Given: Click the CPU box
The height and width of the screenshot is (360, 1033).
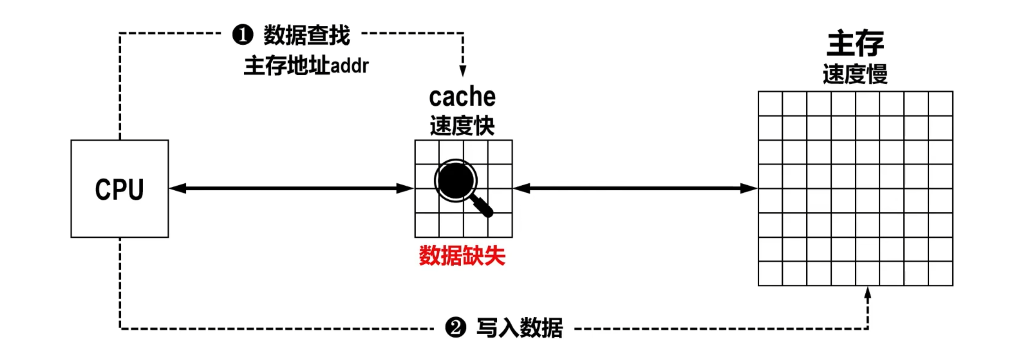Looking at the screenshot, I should [x=120, y=189].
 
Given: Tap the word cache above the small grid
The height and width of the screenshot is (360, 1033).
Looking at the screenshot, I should [x=462, y=97].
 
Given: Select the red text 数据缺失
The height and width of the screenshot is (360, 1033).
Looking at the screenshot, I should [x=462, y=256].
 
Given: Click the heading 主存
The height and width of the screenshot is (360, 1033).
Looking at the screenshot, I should [x=855, y=43].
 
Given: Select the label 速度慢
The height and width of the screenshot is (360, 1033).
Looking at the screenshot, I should [x=855, y=74].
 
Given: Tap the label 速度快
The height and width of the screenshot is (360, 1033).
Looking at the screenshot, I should [x=462, y=126].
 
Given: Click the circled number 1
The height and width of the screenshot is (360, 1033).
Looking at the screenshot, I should [x=243, y=35].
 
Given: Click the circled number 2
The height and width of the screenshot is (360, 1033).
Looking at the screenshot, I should [x=455, y=327].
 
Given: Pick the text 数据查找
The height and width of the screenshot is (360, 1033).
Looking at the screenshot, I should [x=307, y=35].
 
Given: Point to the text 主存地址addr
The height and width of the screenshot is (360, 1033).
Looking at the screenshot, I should [x=306, y=66].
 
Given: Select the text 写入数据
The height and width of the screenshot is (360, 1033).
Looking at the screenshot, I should [x=520, y=327].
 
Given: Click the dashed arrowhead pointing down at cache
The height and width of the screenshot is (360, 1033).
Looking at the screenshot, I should [x=463, y=71].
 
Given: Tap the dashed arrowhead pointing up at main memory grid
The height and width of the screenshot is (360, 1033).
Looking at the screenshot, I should [x=868, y=292].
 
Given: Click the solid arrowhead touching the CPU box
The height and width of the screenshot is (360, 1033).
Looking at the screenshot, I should [x=178, y=188].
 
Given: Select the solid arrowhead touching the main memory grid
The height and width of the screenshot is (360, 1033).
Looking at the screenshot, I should [x=749, y=188].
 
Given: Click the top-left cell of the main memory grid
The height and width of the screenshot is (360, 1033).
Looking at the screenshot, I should [x=770, y=104].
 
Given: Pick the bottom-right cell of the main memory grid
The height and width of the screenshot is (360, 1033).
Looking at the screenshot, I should [x=940, y=273].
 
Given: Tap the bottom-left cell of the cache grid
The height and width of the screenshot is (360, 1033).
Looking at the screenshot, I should [x=427, y=225].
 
